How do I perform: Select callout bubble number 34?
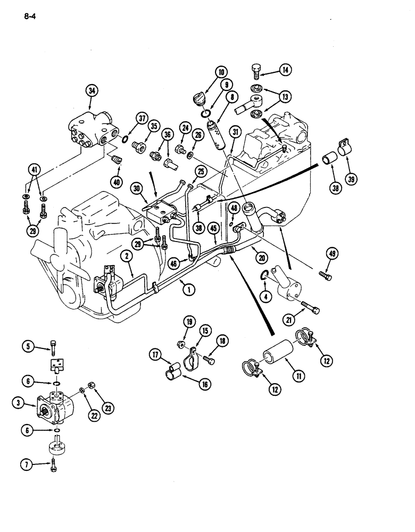[x=92, y=92]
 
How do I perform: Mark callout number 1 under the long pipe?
[x=187, y=291]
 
